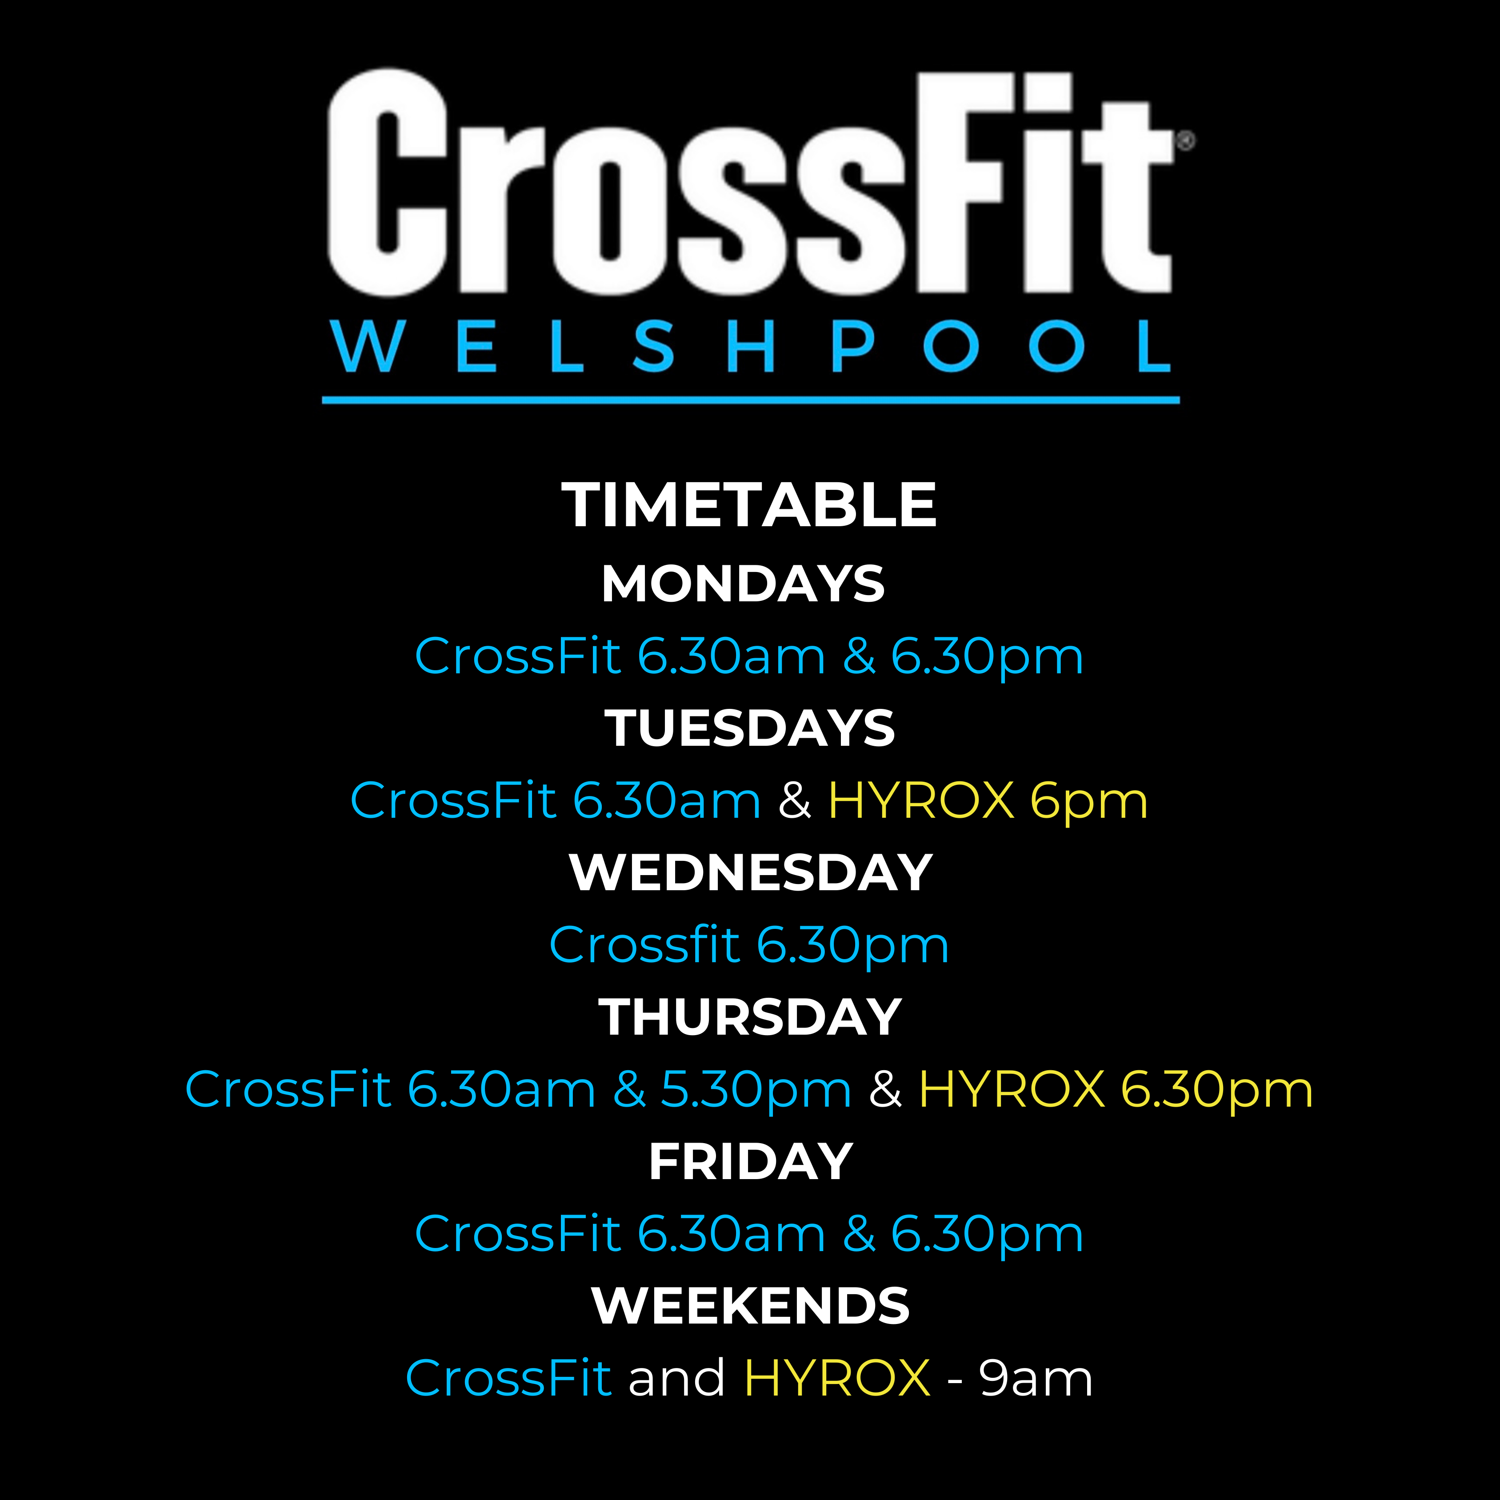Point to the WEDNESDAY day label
point(750,873)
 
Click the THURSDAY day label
point(750,1017)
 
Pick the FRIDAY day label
point(751,1161)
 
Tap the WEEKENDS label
point(750,1306)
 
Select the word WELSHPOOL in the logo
point(750,347)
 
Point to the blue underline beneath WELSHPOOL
point(751,400)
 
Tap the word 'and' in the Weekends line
point(676,1378)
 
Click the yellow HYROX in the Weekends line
point(837,1379)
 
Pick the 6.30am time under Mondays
point(731,657)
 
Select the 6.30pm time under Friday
point(987,1235)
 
